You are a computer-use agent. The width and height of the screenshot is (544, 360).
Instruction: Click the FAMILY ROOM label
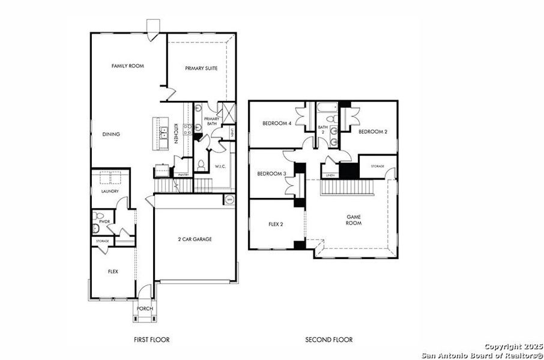[128, 66]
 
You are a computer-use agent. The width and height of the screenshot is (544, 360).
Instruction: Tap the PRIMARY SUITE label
[201, 69]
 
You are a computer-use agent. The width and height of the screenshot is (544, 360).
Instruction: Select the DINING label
[111, 134]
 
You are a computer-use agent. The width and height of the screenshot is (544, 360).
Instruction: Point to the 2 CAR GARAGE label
[195, 239]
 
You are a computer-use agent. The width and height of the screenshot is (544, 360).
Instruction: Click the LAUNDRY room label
[109, 191]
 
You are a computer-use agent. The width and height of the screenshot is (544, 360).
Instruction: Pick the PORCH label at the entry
[144, 309]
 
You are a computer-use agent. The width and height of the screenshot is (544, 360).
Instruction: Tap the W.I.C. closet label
[219, 166]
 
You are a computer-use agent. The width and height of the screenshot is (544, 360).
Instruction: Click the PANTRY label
[183, 175]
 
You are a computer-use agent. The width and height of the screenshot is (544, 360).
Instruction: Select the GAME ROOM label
[354, 220]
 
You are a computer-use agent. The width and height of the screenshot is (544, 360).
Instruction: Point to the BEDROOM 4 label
[277, 124]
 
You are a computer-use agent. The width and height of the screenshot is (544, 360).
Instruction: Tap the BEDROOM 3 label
[271, 174]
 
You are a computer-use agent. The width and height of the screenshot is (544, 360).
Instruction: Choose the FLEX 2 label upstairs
[276, 225]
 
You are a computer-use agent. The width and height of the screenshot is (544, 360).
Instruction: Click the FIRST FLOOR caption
[151, 340]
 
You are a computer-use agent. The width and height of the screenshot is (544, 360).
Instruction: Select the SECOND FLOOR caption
[329, 340]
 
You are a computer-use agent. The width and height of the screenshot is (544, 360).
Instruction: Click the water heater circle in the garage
[229, 199]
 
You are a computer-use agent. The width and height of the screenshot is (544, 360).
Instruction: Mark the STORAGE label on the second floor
[377, 166]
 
